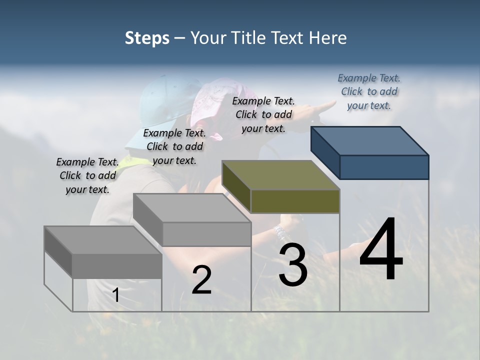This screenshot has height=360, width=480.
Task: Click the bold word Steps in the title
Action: [147, 38]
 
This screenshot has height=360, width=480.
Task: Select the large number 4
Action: [381, 250]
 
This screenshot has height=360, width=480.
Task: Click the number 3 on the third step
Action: [293, 265]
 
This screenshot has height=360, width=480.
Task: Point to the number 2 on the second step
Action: [201, 280]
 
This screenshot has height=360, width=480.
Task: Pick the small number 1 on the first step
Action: [116, 295]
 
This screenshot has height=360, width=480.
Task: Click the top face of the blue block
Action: [369, 140]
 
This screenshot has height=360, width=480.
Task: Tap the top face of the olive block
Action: [280, 174]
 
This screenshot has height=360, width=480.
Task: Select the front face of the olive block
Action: [295, 201]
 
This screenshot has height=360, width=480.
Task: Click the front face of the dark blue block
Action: [384, 167]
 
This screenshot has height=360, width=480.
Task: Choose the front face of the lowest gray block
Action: [117, 265]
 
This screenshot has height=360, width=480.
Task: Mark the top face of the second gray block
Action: [192, 207]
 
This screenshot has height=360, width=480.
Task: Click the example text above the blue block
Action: [369, 91]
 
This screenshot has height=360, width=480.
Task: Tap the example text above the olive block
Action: [263, 114]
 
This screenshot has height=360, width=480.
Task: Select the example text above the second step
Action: [174, 146]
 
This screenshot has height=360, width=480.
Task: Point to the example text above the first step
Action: [87, 175]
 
